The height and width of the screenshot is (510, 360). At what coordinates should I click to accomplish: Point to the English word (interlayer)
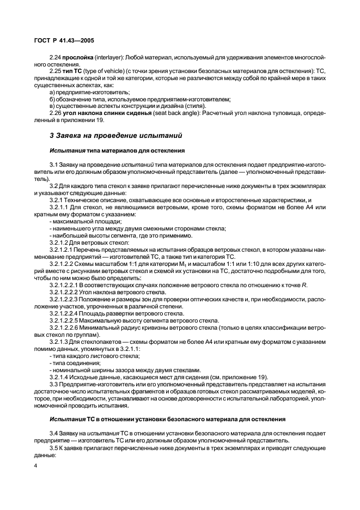click(x=111, y=57)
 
